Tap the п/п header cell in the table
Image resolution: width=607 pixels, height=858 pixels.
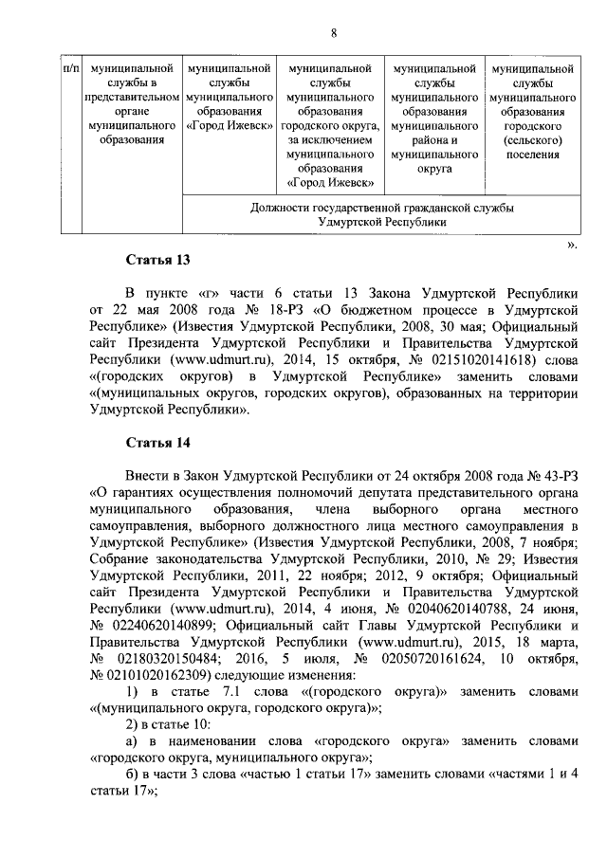click(x=69, y=69)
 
